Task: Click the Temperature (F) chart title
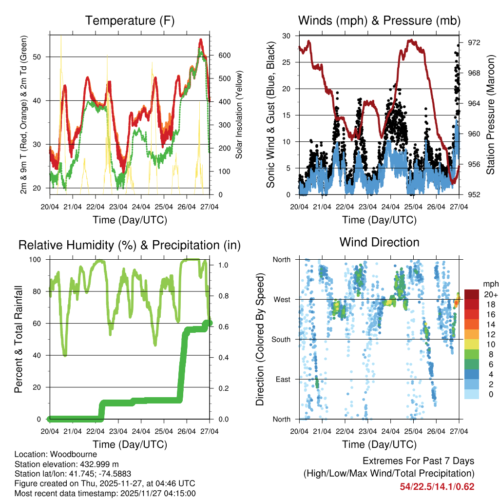tap(130, 20)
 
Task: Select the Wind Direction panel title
tap(379, 242)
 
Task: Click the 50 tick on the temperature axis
tap(42, 57)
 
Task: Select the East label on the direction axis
tap(283, 379)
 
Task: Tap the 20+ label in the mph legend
tap(489, 294)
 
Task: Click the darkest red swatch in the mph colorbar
tap(471, 294)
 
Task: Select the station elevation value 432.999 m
tap(98, 464)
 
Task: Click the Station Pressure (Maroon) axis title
tap(491, 115)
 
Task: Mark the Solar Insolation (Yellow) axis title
tap(239, 115)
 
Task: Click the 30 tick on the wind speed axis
tap(287, 36)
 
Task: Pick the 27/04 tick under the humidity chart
tap(210, 431)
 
